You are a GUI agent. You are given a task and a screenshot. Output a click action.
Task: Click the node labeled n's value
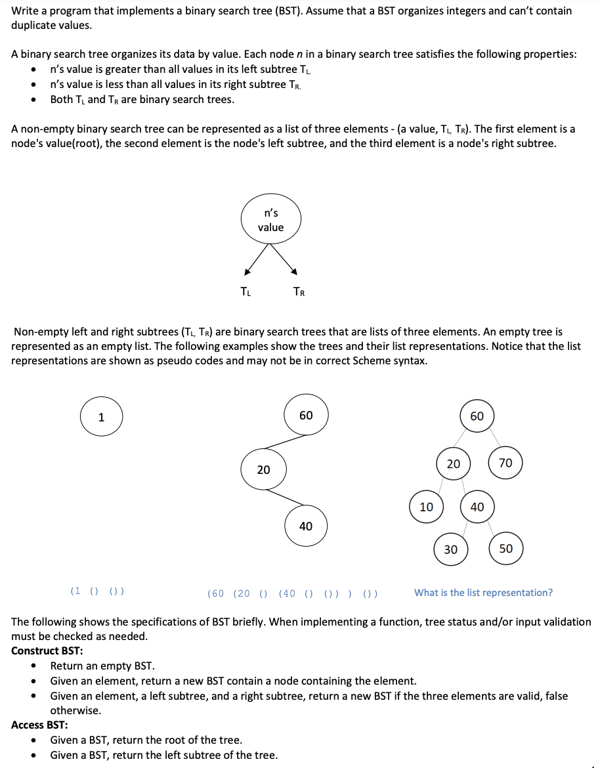[x=270, y=220]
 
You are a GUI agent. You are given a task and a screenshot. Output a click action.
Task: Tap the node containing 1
[x=101, y=417]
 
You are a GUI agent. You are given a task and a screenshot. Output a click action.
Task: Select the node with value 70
[x=505, y=463]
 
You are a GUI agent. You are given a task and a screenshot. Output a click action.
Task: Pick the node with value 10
[x=427, y=507]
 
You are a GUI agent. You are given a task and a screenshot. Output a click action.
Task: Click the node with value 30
[x=451, y=549]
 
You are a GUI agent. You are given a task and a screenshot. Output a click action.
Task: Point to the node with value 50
[x=506, y=549]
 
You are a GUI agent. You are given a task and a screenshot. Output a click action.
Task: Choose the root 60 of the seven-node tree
[x=477, y=416]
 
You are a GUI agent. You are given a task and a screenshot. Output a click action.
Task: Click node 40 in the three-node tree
[x=306, y=526]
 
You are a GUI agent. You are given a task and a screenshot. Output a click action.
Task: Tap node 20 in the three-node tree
[x=263, y=469]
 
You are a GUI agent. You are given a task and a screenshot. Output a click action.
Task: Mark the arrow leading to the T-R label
[x=286, y=261]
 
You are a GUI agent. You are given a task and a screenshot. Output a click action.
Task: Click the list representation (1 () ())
[x=98, y=591]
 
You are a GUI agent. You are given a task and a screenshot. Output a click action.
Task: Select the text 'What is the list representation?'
[x=483, y=593]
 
